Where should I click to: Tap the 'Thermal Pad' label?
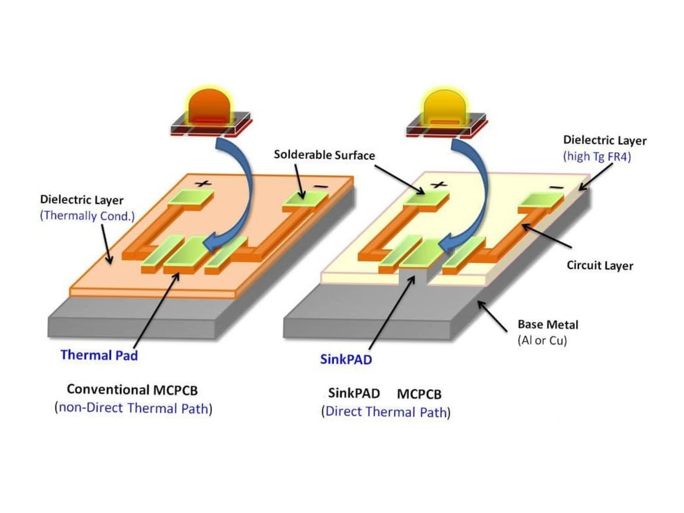(99, 355)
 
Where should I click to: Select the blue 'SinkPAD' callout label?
(346, 359)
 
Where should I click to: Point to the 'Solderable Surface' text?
(324, 155)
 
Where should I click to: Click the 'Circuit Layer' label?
(600, 265)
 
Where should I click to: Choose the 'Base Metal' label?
(548, 325)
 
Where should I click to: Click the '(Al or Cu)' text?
(542, 340)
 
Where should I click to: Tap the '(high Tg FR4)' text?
(597, 156)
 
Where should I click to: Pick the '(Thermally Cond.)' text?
(87, 216)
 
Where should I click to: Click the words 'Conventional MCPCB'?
(132, 390)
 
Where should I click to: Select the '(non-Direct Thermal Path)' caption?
(134, 408)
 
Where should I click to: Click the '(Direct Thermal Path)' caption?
(386, 412)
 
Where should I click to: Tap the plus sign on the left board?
(203, 183)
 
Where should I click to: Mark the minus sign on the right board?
(555, 188)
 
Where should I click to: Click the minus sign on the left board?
(320, 187)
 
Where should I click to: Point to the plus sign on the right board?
(438, 185)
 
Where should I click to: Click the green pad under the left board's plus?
(190, 198)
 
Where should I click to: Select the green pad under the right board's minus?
(540, 200)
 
